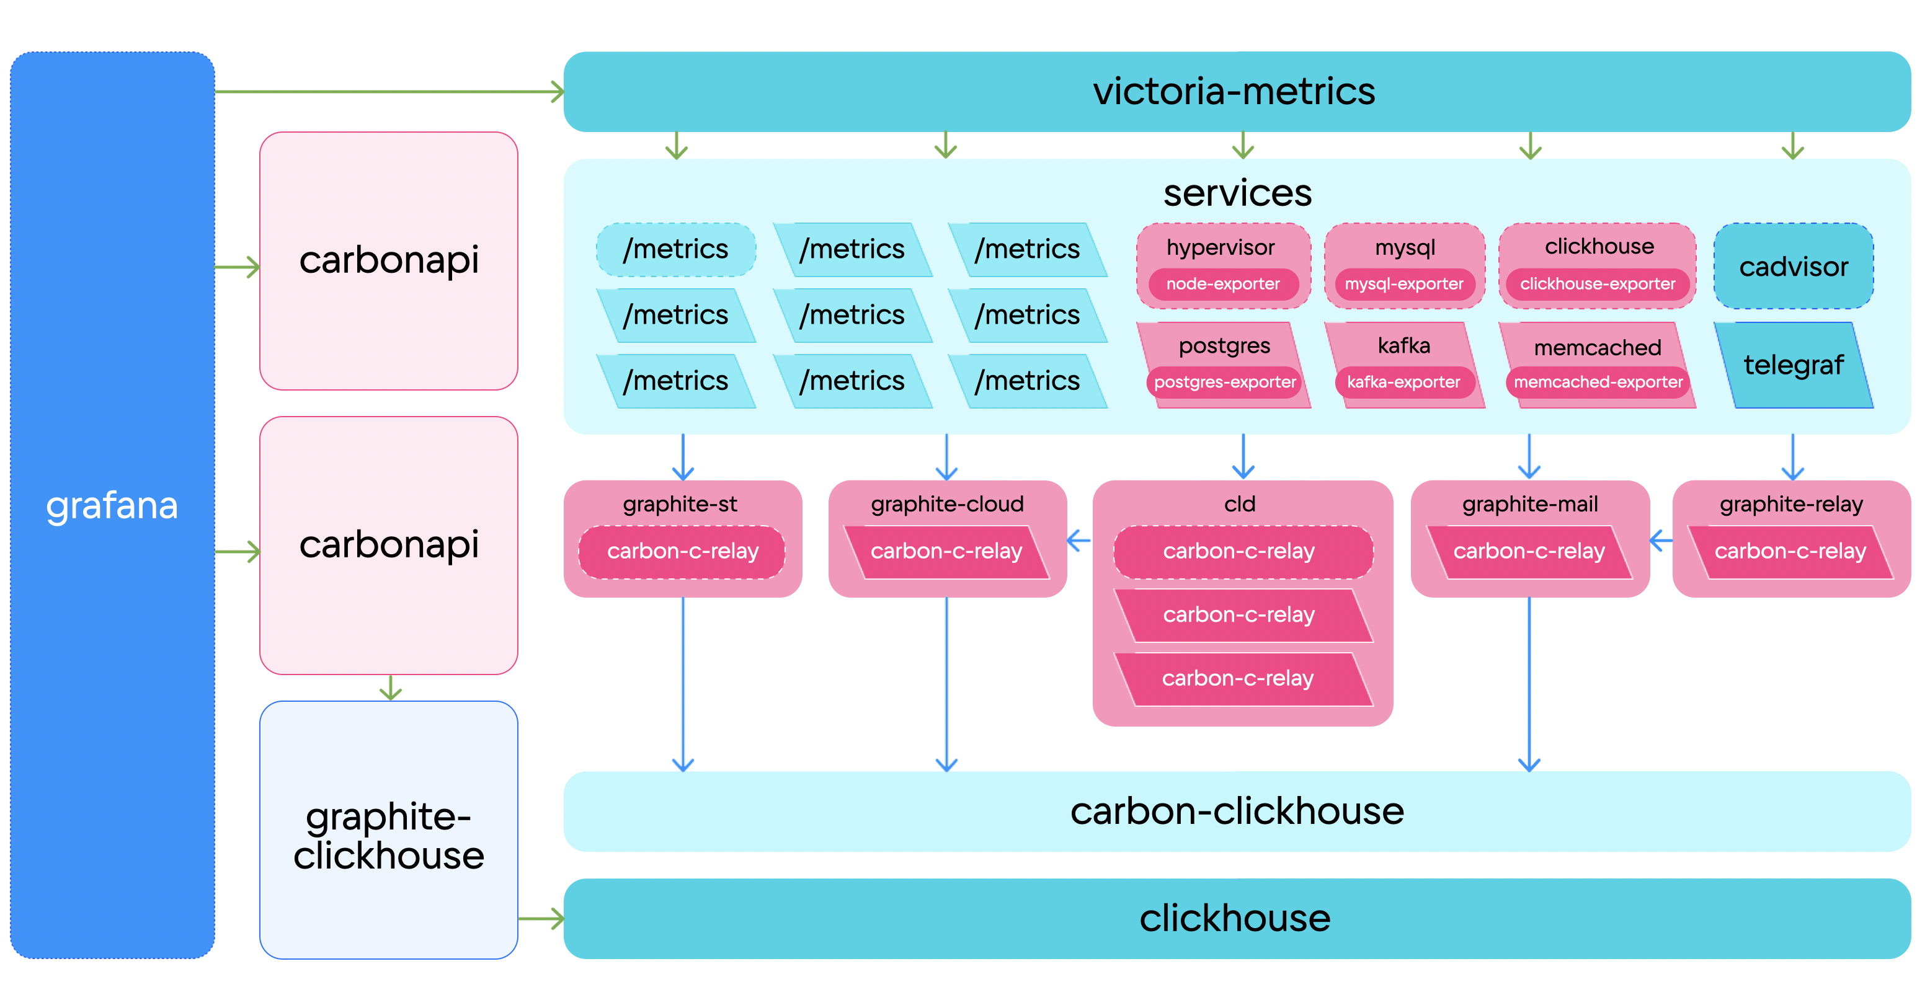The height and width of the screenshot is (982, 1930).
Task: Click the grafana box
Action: coord(112,506)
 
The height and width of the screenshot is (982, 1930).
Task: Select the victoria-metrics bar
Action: coord(1236,91)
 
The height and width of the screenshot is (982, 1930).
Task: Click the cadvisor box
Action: coord(1793,267)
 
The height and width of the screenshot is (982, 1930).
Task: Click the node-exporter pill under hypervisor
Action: coord(1223,285)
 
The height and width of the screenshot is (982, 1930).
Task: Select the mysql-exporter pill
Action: coord(1403,285)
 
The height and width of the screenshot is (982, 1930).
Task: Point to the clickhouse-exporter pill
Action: coord(1598,285)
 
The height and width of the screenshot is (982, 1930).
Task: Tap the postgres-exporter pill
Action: coord(1224,383)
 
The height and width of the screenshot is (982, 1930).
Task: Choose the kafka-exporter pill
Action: coord(1403,383)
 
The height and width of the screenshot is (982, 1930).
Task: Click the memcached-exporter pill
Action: coord(1598,383)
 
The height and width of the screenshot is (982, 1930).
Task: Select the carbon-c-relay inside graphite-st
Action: coord(683,552)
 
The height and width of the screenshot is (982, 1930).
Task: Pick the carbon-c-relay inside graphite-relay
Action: coord(1790,552)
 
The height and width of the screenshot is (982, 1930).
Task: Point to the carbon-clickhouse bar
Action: coord(1236,812)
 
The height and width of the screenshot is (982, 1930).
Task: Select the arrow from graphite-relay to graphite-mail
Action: coord(1661,540)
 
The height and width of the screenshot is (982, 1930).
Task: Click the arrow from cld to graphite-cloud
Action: coord(1079,540)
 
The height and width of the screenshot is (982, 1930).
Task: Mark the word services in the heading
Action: coord(1237,193)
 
